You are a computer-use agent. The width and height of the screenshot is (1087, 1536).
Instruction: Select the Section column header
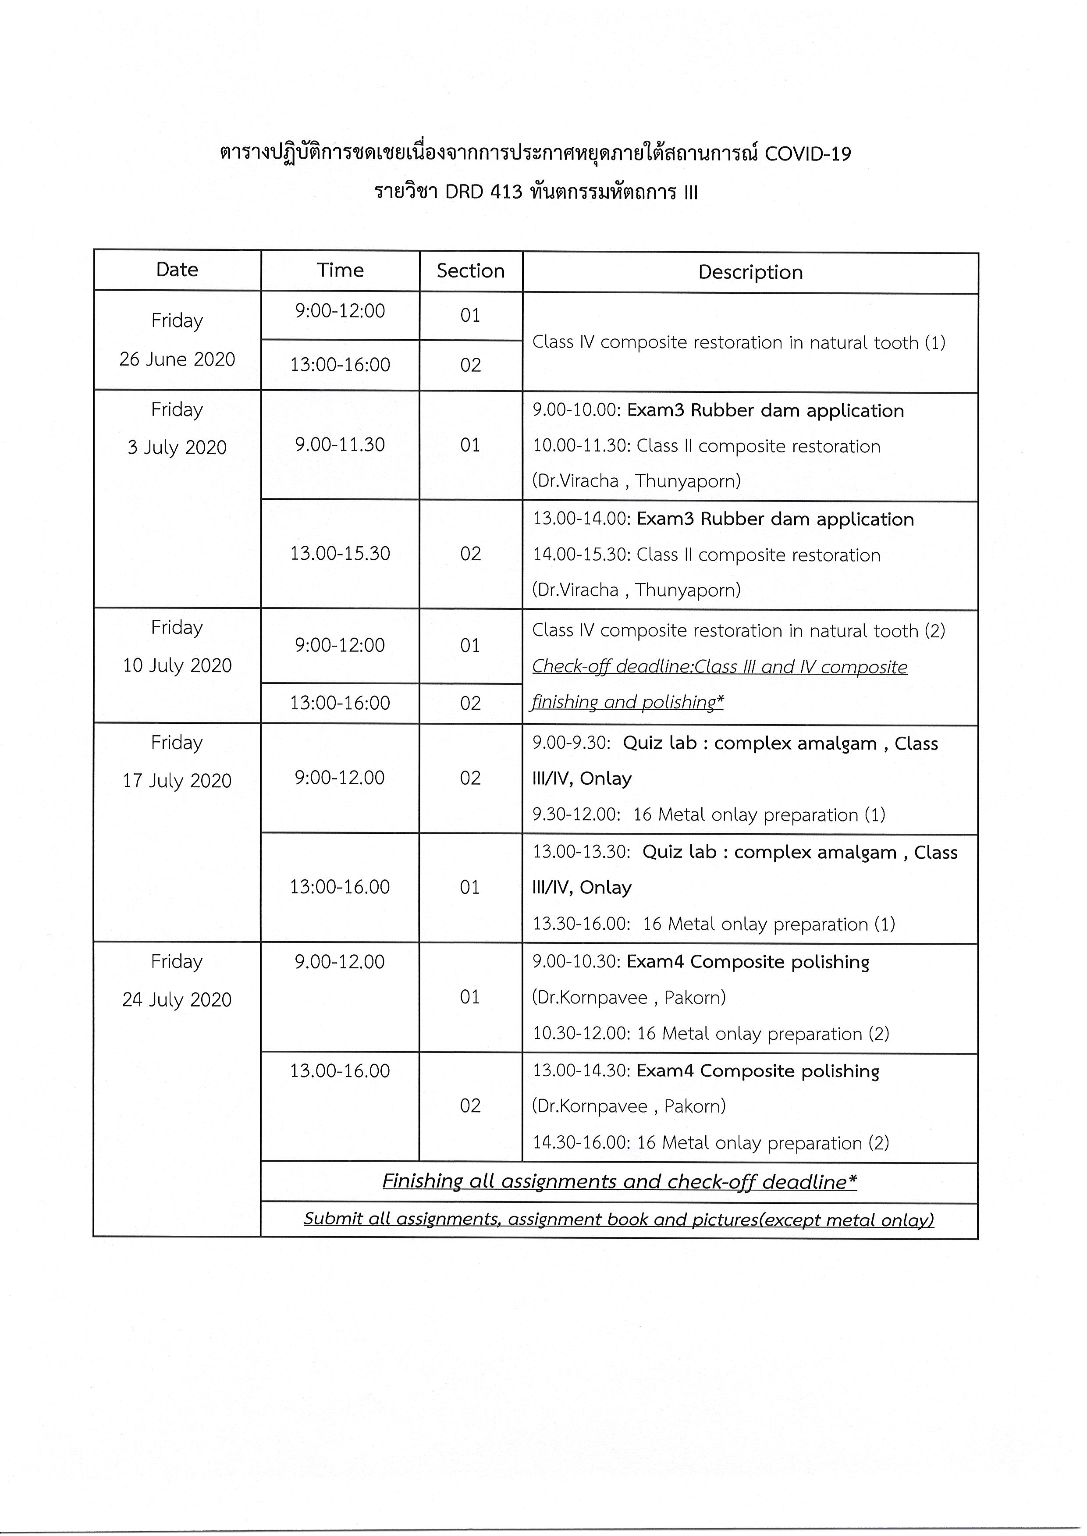[x=471, y=271]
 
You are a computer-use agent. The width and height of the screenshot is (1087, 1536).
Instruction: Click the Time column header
[x=340, y=270]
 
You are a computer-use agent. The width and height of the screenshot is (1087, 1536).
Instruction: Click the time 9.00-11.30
[x=340, y=444]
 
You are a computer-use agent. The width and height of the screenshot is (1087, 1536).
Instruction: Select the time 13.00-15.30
[x=340, y=554]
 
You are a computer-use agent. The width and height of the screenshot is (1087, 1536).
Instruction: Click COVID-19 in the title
[x=807, y=155]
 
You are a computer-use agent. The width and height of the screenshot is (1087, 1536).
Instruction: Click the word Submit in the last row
[x=333, y=1218]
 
